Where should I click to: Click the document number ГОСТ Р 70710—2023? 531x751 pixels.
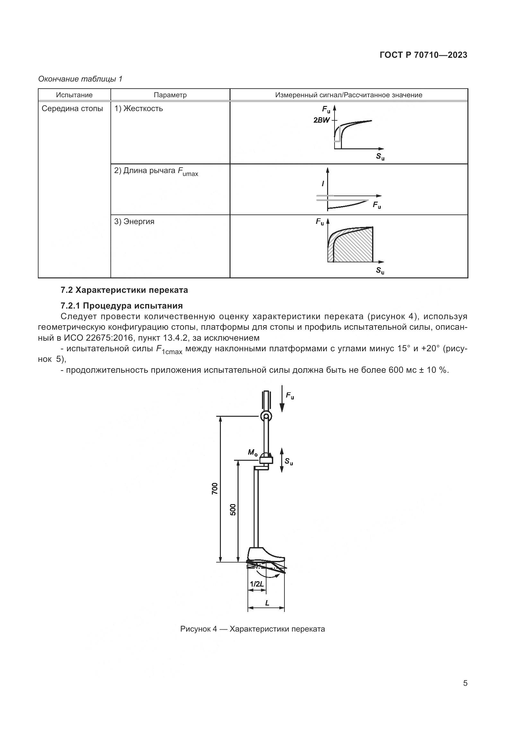coord(423,55)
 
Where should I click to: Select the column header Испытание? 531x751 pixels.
coord(74,95)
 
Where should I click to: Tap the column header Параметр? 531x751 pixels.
coord(170,95)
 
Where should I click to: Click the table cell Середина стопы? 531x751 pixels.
coord(72,109)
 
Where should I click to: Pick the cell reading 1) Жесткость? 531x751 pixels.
coord(138,109)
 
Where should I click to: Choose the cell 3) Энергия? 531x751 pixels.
coord(134,222)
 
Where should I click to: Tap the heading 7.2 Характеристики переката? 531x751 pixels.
coord(124,290)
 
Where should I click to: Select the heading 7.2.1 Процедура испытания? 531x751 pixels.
coord(122,306)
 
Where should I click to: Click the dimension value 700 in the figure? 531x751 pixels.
coord(214,488)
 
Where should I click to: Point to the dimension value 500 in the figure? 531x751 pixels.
coord(233,510)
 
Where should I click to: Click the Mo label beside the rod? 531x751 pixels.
coord(253,453)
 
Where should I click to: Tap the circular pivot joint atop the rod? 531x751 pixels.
coord(266,416)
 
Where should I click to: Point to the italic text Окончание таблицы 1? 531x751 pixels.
coord(80,79)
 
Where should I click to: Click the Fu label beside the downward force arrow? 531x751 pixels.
coord(290,396)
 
